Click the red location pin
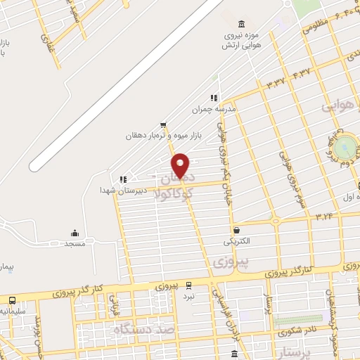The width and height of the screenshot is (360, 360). pyautogui.click(x=181, y=165)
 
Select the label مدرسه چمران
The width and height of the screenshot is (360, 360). pyautogui.click(x=214, y=110)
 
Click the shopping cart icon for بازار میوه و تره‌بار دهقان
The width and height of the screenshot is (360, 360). pyautogui.click(x=163, y=124)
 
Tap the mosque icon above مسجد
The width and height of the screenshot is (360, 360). pyautogui.click(x=75, y=233)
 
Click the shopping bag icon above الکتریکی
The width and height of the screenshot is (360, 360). pyautogui.click(x=236, y=230)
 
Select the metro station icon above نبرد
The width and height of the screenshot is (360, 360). pyautogui.click(x=188, y=285)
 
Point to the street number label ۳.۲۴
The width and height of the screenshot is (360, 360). pyautogui.click(x=324, y=216)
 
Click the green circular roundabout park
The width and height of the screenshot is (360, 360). pyautogui.click(x=346, y=147)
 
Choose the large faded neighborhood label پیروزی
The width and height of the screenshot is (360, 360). pyautogui.click(x=224, y=261)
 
